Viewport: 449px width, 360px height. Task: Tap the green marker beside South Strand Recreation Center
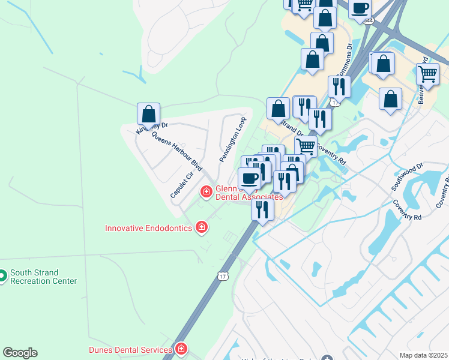(x=2, y=276)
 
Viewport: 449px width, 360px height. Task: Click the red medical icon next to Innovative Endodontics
(x=202, y=227)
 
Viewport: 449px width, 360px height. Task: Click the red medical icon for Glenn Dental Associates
(x=206, y=191)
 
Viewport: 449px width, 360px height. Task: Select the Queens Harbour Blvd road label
(x=176, y=150)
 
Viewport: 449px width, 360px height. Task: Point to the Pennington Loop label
(x=233, y=139)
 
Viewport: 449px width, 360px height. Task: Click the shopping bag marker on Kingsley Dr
(x=148, y=114)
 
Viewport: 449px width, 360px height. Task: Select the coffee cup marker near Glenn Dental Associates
(x=250, y=178)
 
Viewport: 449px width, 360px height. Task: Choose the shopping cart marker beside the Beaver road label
(x=427, y=74)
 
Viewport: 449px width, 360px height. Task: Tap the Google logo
(x=20, y=353)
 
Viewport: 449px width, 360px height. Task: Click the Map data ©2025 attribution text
(x=424, y=355)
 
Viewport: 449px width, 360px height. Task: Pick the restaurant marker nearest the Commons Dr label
(x=339, y=87)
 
